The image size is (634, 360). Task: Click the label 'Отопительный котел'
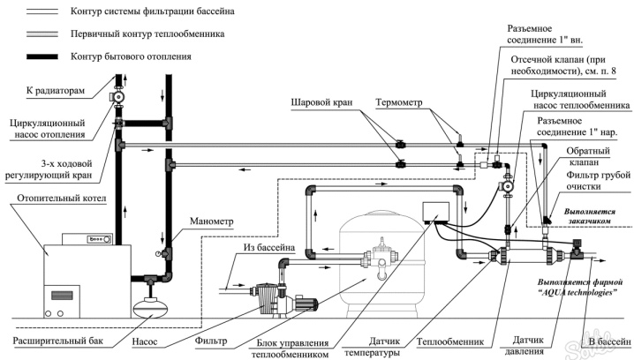(60, 199)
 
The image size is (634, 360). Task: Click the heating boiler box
(79, 259)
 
